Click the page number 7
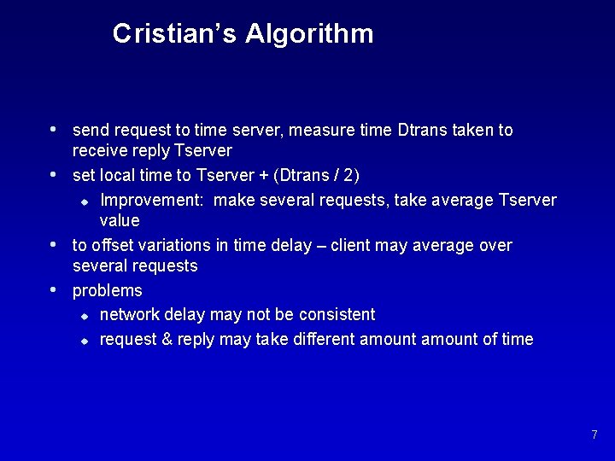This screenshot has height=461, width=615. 594,435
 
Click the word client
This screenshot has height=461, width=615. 353,246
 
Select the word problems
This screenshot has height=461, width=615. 108,291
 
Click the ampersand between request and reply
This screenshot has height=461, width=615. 167,339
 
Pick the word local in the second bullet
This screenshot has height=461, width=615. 120,175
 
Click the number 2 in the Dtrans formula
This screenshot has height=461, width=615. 348,175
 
